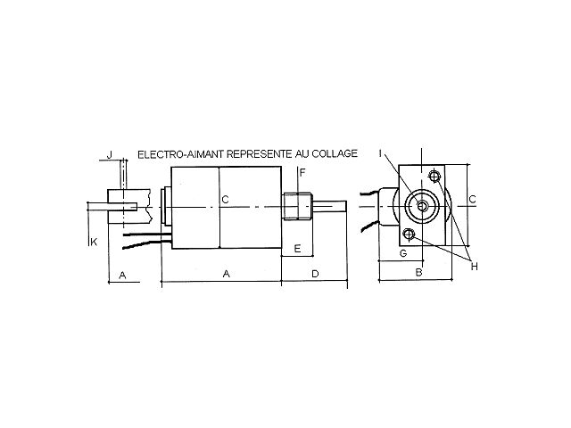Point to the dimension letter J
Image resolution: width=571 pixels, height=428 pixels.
click(x=109, y=155)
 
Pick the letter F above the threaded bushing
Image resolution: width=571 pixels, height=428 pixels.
click(x=302, y=172)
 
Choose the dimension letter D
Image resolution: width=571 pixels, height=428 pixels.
click(x=314, y=275)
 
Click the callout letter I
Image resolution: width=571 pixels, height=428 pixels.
click(x=379, y=153)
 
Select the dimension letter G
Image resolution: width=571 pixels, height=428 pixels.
click(x=402, y=254)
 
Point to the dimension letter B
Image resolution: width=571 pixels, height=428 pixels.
click(x=418, y=272)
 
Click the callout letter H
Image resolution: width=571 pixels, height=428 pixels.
click(x=475, y=266)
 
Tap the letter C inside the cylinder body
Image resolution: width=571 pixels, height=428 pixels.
click(x=226, y=200)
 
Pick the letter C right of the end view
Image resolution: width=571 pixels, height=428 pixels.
click(x=472, y=199)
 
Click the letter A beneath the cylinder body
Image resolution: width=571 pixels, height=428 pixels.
click(x=226, y=275)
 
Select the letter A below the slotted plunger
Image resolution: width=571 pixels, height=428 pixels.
click(x=123, y=275)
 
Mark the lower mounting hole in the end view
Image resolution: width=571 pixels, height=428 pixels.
click(x=409, y=235)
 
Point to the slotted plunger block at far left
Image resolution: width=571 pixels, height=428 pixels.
click(x=121, y=205)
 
